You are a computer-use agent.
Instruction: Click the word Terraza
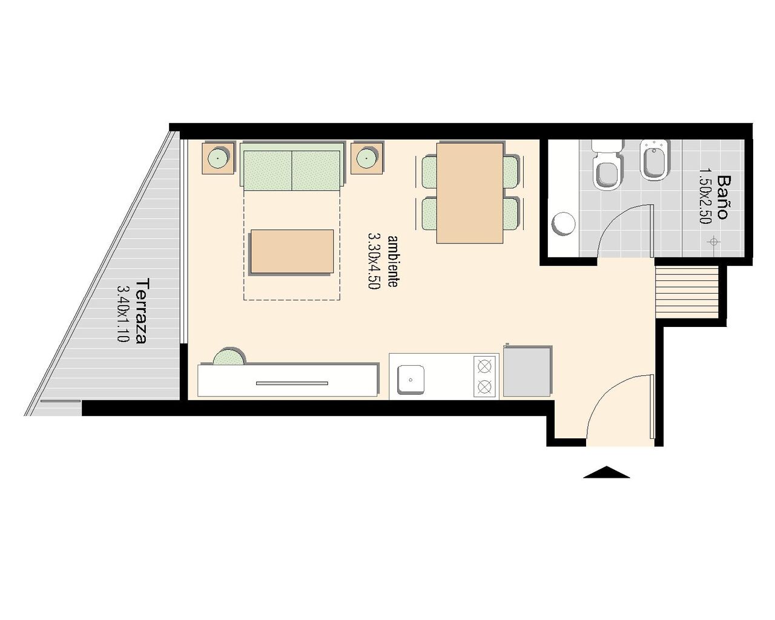[x=140, y=311]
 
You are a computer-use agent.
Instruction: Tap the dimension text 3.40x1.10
[x=123, y=314]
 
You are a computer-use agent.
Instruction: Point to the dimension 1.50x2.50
[x=705, y=196]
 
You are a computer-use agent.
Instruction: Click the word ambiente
[x=393, y=261]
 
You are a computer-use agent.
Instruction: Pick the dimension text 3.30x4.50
[x=374, y=261]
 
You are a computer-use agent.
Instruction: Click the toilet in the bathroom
[x=607, y=165]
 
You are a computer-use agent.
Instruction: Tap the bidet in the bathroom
[x=655, y=160]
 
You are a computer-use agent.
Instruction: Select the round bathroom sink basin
[x=564, y=223]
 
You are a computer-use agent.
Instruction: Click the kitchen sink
[x=411, y=380]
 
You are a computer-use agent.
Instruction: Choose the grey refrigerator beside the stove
[x=527, y=371]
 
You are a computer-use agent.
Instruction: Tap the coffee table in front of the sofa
[x=292, y=251]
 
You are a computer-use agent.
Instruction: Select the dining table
[x=470, y=193]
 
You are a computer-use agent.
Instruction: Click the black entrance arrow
[x=607, y=472]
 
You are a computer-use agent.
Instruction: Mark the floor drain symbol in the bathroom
[x=714, y=242]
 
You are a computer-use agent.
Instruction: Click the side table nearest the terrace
[x=218, y=159]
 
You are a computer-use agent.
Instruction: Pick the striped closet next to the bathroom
[x=687, y=292]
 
